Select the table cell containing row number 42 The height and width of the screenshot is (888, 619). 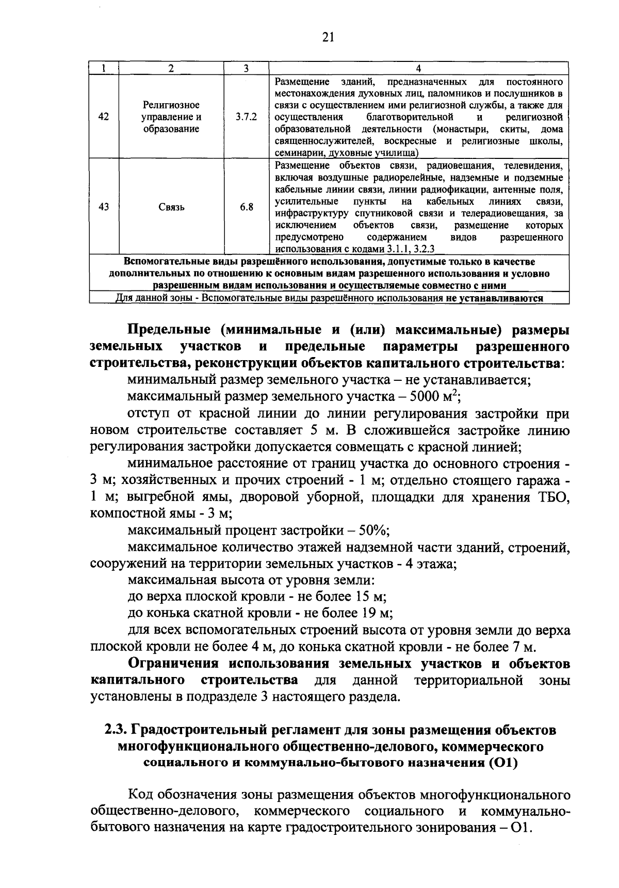coord(104,117)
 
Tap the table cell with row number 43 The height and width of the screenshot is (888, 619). coord(104,207)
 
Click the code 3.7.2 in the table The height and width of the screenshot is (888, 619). coord(246,117)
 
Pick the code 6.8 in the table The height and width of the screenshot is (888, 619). coord(246,207)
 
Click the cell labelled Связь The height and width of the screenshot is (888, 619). coord(171,207)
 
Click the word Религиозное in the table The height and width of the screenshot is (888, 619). coord(171,105)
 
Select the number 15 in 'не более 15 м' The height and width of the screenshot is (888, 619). coord(361,597)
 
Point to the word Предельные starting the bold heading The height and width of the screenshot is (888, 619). coord(168,330)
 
